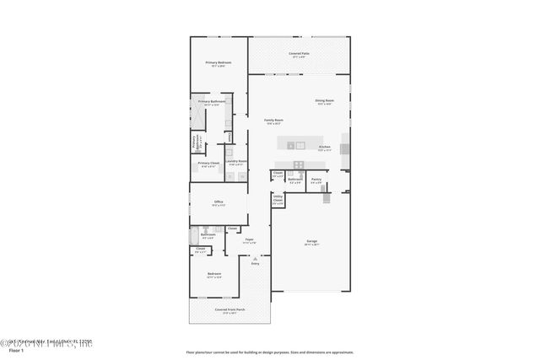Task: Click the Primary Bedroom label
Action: (x=219, y=62)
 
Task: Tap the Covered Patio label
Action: (x=299, y=53)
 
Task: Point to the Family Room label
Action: (x=273, y=121)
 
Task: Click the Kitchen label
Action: (x=324, y=148)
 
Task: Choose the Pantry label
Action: (x=316, y=179)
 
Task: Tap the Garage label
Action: (x=311, y=241)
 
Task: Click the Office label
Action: (x=218, y=202)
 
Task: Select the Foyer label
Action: (x=250, y=239)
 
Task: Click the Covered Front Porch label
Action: (x=229, y=309)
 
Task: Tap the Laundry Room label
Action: (x=236, y=161)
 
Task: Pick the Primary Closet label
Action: (x=209, y=164)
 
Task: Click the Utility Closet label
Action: (x=278, y=199)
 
